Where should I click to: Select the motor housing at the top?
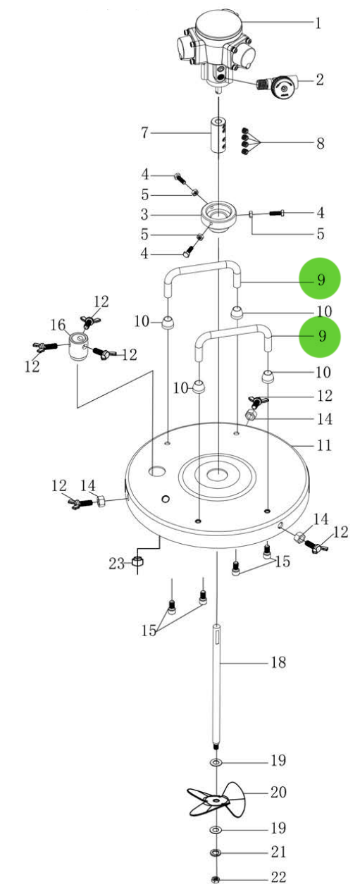pos(216,42)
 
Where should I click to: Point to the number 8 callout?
pos(320,144)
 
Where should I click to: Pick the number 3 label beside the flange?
pos(144,213)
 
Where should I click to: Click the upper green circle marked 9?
pos(320,280)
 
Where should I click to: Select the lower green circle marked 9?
pos(320,336)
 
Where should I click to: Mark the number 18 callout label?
pos(278,663)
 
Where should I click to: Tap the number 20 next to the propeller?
pos(278,793)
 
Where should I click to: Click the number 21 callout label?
pos(278,852)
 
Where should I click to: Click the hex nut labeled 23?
pos(139,562)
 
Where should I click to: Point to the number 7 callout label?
pos(144,132)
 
